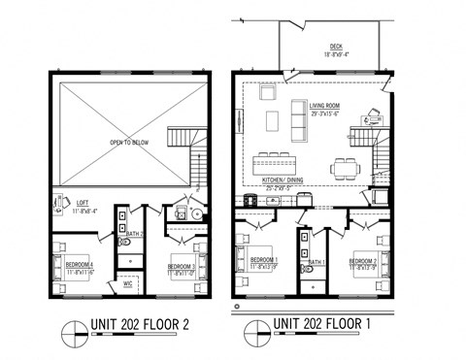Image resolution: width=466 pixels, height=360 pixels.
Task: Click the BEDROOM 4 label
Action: point(79,264)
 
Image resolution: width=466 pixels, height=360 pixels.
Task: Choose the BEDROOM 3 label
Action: point(183,264)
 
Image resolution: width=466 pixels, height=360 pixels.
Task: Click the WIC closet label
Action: point(127,284)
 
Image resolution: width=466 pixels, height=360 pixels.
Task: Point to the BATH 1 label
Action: point(315,262)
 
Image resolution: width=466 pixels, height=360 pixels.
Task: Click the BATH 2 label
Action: point(136,234)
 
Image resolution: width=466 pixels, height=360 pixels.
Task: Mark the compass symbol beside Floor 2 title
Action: point(71,330)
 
